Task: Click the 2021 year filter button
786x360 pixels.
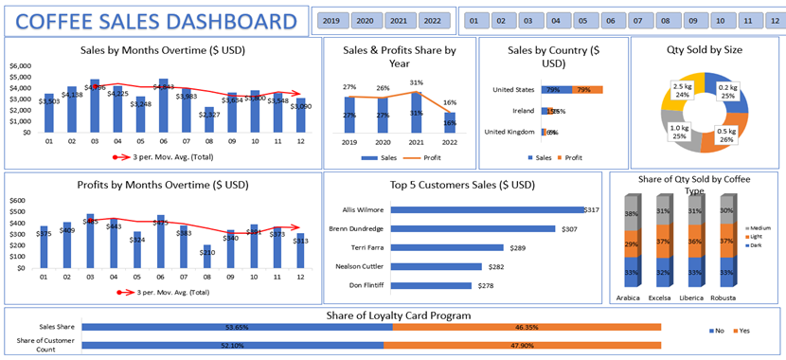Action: point(399,20)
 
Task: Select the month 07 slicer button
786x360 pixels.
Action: point(638,20)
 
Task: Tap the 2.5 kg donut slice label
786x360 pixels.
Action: point(680,90)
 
